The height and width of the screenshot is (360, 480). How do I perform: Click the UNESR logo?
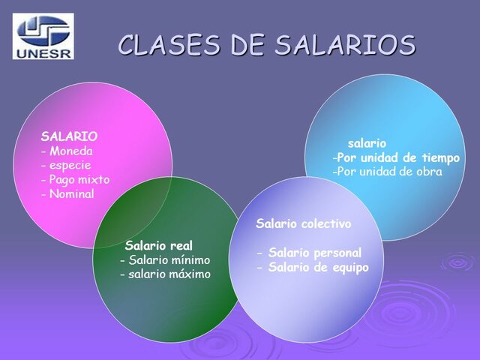[43, 34]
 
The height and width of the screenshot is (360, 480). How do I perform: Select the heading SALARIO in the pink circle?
[69, 136]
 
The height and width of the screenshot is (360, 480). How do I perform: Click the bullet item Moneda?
[70, 151]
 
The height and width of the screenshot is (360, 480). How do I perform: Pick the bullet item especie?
[70, 165]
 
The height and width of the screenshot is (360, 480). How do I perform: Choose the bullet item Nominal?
[71, 193]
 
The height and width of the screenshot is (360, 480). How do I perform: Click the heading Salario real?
[159, 245]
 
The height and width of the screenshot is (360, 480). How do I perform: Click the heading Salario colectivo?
[303, 223]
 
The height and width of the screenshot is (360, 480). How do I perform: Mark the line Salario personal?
[314, 253]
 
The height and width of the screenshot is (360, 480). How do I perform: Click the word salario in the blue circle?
[367, 142]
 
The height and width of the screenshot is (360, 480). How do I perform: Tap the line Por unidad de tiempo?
[398, 157]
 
